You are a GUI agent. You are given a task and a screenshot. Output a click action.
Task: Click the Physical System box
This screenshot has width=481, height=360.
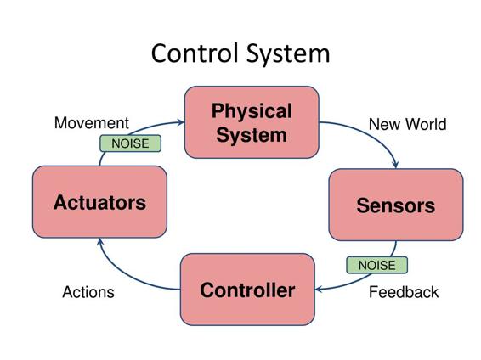pyautogui.click(x=252, y=122)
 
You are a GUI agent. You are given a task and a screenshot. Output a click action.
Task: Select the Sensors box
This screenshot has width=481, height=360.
pyautogui.click(x=396, y=205)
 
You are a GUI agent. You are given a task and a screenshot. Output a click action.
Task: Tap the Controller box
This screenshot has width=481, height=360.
pyautogui.click(x=247, y=290)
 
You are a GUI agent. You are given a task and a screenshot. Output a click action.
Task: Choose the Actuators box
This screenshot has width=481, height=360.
pyautogui.click(x=99, y=201)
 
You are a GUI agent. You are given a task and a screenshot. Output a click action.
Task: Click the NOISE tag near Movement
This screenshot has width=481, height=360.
pyautogui.click(x=130, y=143)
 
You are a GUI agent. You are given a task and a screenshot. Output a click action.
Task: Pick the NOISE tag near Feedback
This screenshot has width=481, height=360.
pyautogui.click(x=377, y=265)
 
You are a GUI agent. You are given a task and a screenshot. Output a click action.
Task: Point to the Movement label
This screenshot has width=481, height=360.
pyautogui.click(x=92, y=123)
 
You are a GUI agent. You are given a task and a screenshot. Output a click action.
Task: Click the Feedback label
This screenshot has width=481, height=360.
pyautogui.click(x=404, y=292)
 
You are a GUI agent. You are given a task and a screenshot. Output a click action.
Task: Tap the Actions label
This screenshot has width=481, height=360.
pyautogui.click(x=88, y=292)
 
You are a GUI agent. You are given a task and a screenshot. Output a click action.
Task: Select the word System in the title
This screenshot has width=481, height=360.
pyautogui.click(x=288, y=54)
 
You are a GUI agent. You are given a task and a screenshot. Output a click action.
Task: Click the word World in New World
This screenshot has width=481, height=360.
pyautogui.click(x=426, y=125)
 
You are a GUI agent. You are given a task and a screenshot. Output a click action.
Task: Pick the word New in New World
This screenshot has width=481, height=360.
pyautogui.click(x=385, y=125)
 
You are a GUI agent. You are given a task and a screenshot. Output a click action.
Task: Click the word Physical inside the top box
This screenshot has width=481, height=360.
pyautogui.click(x=252, y=111)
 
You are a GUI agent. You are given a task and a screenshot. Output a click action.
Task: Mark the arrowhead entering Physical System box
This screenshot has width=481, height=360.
pyautogui.click(x=181, y=122)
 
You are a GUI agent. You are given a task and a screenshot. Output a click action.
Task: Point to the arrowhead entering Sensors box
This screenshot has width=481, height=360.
pyautogui.click(x=396, y=165)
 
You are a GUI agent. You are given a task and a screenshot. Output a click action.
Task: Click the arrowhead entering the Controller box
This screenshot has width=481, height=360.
pyautogui.click(x=319, y=289)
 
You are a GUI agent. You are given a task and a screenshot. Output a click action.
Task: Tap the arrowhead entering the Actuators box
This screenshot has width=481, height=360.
pyautogui.click(x=100, y=242)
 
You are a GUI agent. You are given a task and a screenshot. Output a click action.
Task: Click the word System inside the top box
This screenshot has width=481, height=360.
pyautogui.click(x=252, y=135)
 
